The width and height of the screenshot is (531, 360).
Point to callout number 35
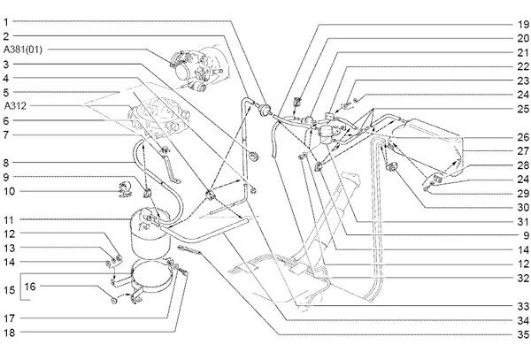point(523,333)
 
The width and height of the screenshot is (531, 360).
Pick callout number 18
point(7,333)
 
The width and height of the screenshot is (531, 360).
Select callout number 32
point(523,278)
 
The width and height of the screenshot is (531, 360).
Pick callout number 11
point(7,219)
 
